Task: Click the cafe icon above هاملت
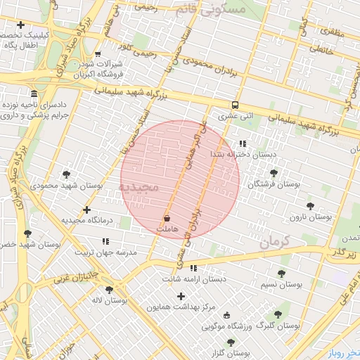167,218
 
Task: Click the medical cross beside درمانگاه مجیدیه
86,210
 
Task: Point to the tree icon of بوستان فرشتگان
274,172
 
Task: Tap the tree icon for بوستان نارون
310,206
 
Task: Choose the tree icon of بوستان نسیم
281,274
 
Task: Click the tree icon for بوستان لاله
109,289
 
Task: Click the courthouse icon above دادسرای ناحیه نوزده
34,94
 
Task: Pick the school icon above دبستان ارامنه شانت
193,268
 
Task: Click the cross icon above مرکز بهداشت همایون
181,296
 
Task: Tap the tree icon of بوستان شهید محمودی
66,174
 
